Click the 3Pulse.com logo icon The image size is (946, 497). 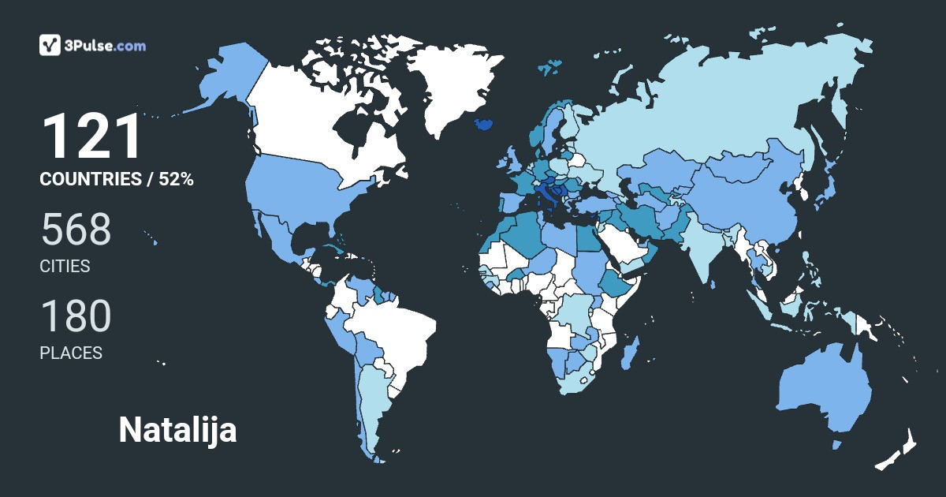50,45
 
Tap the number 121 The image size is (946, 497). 91,137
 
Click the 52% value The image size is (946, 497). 176,179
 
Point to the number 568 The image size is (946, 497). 76,230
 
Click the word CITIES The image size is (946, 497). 65,266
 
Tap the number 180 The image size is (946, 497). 76,316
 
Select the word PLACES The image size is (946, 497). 71,353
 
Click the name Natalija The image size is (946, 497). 177,430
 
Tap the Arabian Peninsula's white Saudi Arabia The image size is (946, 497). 623,245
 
